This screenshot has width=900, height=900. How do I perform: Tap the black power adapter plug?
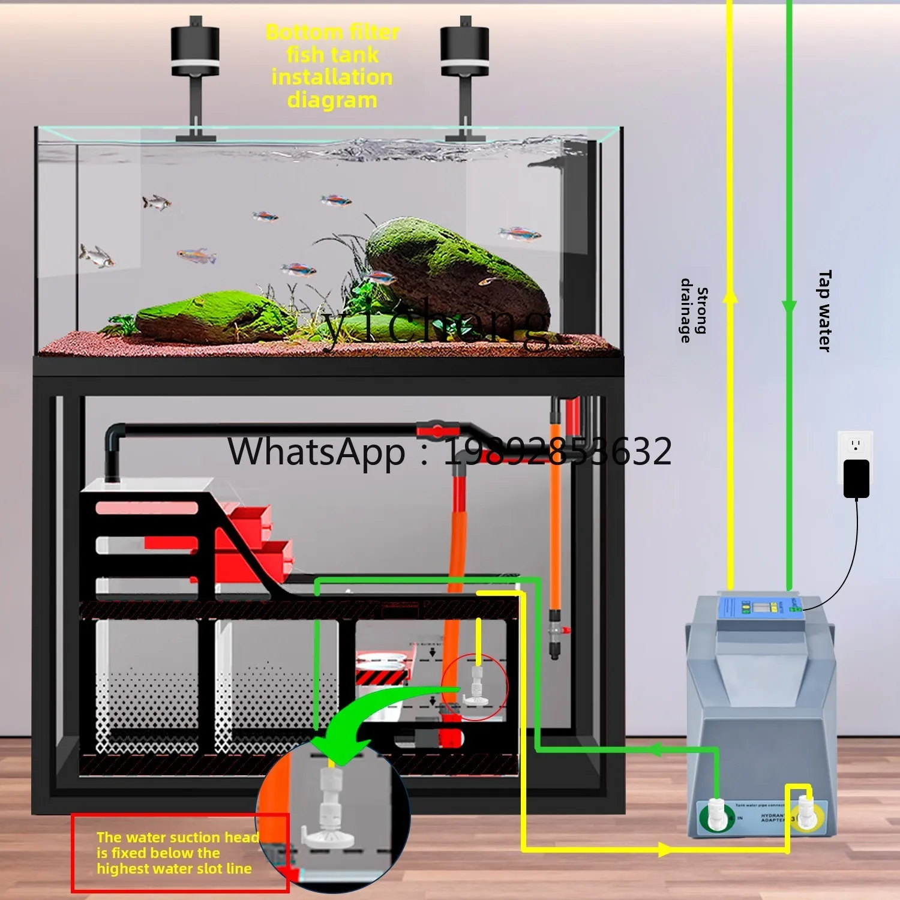point(856,479)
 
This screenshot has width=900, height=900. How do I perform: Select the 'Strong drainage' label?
point(694,311)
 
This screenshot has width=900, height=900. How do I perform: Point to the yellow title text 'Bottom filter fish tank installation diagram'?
point(332,66)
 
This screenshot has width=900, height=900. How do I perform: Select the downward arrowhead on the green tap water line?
point(789,307)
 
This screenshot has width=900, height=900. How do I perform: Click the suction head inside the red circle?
point(477,687)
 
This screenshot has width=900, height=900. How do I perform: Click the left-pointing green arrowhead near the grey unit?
point(655,749)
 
